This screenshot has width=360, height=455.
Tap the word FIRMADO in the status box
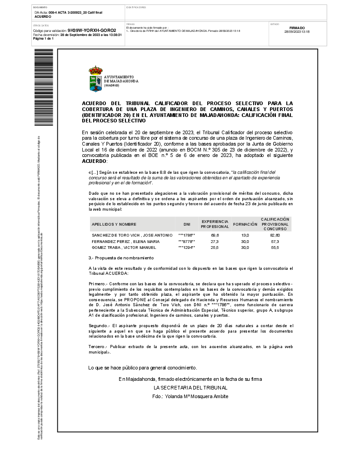coord(297,28)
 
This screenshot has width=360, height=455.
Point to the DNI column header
coord(187,224)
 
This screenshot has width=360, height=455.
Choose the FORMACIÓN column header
coord(245,224)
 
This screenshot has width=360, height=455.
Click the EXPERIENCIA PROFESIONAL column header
coord(215,224)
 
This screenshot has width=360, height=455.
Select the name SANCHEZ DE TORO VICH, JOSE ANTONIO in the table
coord(132,235)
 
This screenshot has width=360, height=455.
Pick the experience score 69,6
coord(215,235)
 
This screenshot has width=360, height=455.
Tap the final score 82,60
coord(275,235)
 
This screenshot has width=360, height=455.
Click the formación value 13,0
coord(245,235)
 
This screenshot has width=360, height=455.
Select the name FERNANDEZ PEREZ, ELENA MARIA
coord(125,241)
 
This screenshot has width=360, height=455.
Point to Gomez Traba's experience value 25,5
coord(215,248)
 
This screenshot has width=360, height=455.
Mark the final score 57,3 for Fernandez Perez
coord(275,241)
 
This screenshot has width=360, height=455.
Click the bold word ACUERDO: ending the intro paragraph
coord(95,161)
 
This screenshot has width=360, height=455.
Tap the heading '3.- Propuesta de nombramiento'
coord(120,258)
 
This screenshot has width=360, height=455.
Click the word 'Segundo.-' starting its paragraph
coord(98,326)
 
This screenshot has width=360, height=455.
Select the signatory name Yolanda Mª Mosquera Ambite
coord(190,396)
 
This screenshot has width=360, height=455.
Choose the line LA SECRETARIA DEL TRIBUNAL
coord(190,388)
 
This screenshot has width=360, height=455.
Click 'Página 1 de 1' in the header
coord(43,39)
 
